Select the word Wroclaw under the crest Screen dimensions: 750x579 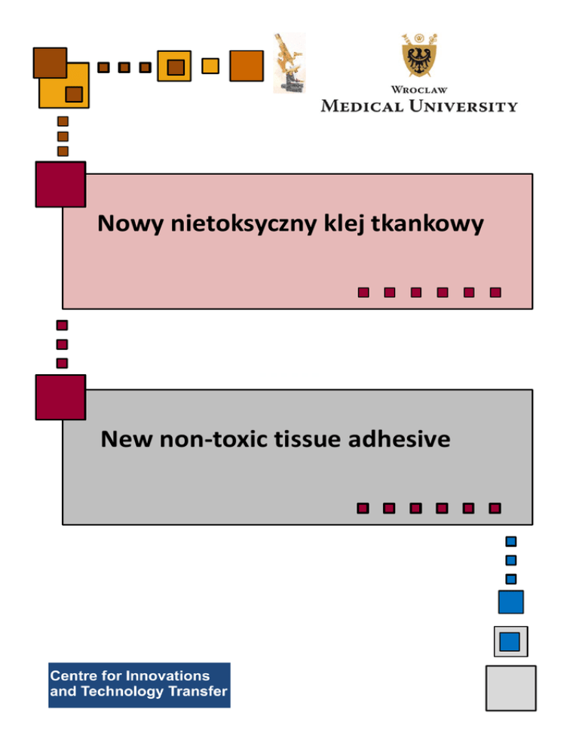(418, 90)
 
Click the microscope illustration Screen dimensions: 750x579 (288, 63)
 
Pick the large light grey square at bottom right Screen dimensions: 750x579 (510, 687)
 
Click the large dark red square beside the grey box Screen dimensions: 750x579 (60, 397)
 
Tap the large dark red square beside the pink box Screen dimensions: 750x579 (60, 183)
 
